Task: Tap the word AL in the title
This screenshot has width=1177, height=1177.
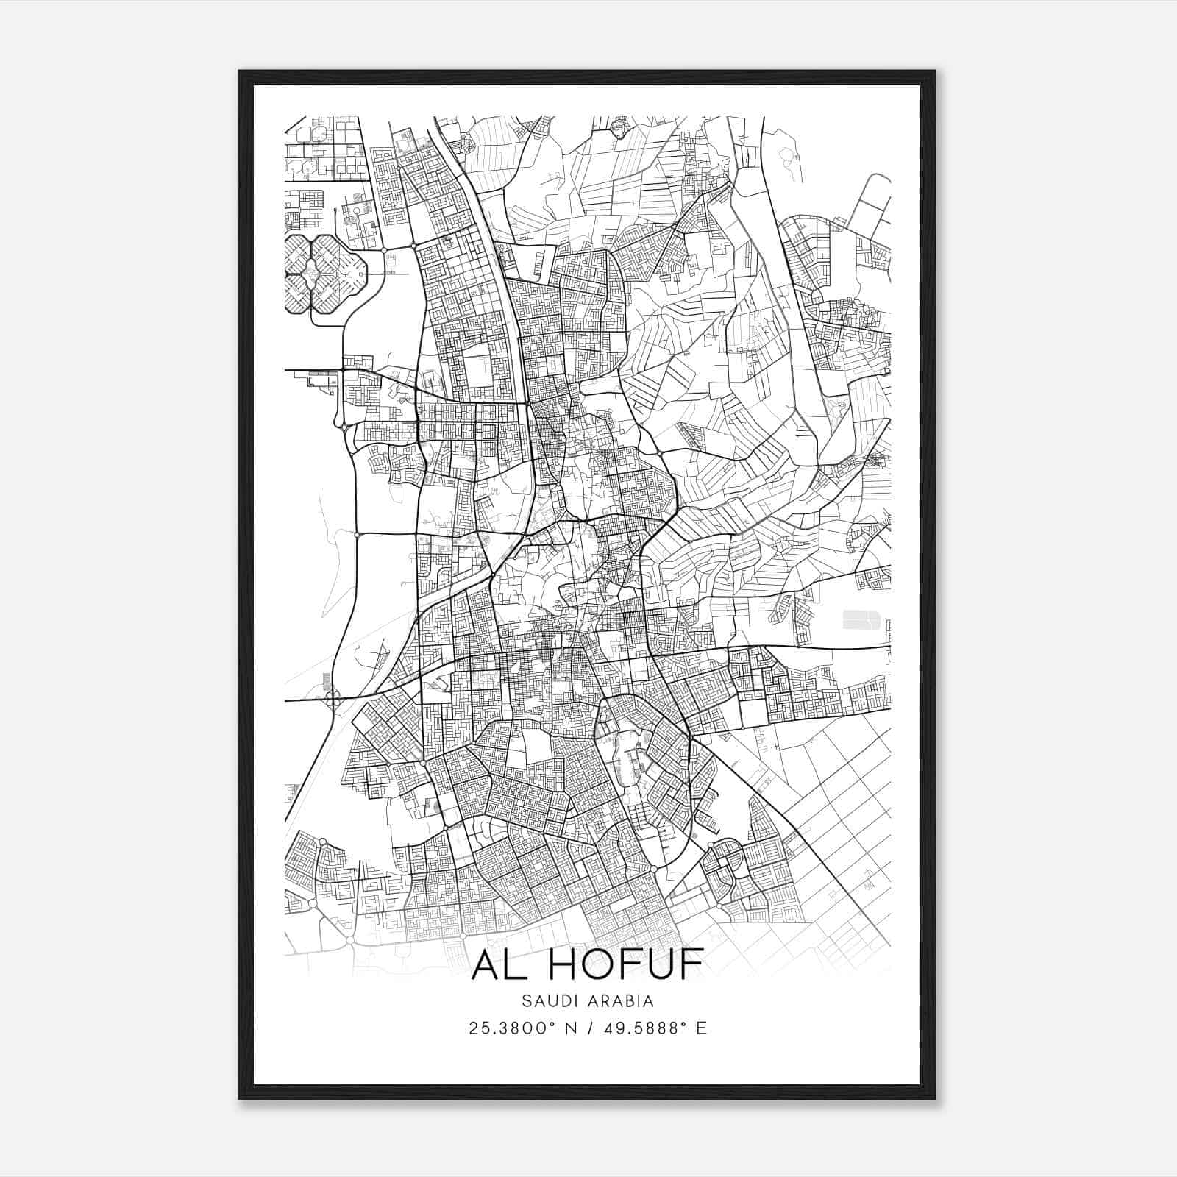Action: pos(496,965)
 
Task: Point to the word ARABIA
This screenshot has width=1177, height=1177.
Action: pos(622,1001)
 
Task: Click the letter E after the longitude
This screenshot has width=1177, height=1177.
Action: pos(701,1028)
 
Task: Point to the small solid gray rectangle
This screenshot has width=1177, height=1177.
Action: pos(861,619)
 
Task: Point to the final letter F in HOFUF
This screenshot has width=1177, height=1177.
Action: pos(689,965)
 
